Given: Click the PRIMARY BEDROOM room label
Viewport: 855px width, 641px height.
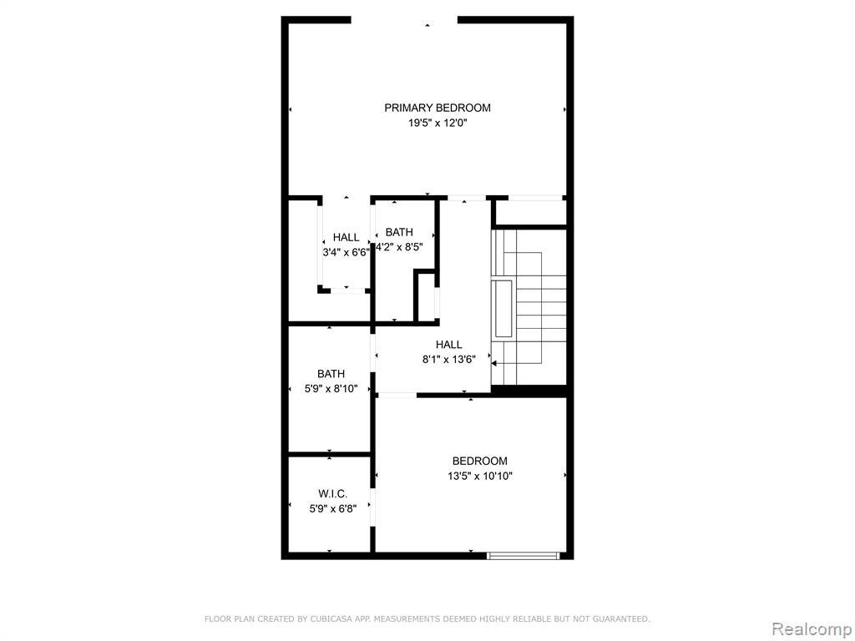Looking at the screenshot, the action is (x=438, y=108).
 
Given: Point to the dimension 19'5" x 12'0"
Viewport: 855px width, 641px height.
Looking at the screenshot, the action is (x=438, y=124).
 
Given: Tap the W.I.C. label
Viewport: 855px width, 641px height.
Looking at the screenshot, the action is (x=332, y=494).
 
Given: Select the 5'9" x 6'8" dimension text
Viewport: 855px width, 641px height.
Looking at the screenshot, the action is (x=332, y=509).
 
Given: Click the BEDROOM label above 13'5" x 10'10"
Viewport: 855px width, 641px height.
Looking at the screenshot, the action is (x=480, y=461).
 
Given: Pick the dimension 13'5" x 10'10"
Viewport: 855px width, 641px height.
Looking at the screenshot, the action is (x=480, y=477).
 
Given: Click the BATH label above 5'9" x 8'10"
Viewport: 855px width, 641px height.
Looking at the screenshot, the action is (x=331, y=374).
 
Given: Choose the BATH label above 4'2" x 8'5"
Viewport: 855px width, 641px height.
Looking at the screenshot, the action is (x=399, y=232).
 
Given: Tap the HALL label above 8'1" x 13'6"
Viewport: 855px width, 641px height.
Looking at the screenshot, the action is (x=448, y=345).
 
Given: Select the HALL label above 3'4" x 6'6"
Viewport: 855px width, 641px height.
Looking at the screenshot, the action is (x=347, y=238).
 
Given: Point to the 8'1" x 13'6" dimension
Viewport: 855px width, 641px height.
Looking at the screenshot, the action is (x=448, y=360).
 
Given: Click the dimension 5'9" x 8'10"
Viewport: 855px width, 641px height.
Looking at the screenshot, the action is (x=331, y=389).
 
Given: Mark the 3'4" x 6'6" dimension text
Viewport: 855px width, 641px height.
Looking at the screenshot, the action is (x=347, y=252).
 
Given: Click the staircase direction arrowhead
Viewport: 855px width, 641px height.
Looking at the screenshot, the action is (x=494, y=363).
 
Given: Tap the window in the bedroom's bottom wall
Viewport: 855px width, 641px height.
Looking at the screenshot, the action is (x=524, y=555).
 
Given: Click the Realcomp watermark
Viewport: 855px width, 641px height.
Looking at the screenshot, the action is (x=812, y=628).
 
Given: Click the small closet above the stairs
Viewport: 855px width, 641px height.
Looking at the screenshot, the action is (x=530, y=213).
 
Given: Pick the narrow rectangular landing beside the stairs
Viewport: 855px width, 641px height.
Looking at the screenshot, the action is (x=503, y=309).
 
